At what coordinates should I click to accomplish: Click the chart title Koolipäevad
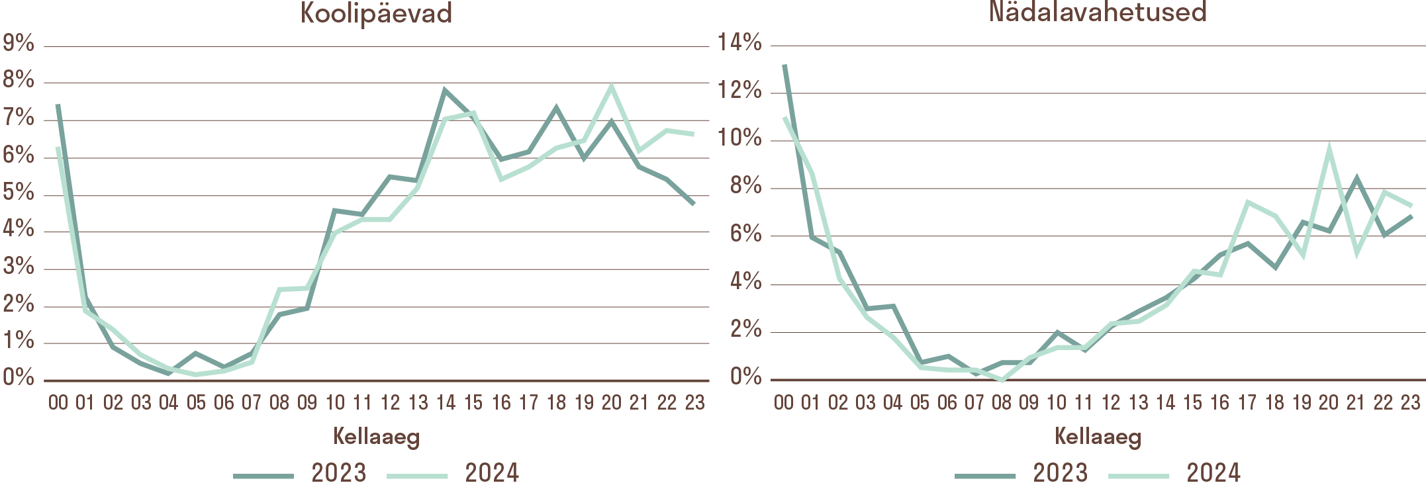pos(376,13)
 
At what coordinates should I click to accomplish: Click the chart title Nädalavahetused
pos(1098,12)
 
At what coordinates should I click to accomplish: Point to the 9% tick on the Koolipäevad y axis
pos(19,44)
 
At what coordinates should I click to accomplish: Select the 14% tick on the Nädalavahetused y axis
pos(739,43)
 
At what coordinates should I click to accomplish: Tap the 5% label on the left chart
pos(19,193)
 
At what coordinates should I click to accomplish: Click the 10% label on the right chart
pos(739,138)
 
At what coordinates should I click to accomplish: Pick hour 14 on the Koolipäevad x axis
pos(446,402)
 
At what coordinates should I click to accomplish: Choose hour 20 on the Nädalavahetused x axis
pos(1329,402)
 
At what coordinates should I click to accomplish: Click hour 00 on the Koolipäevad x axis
pos(58,402)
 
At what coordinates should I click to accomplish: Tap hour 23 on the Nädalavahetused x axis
pos(1411,402)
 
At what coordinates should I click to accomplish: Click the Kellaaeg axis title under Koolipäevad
pos(376,437)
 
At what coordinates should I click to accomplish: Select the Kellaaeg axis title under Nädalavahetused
pos(1098,437)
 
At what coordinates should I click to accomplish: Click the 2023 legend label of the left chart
pos(338,473)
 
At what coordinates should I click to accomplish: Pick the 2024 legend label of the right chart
pos(1213,473)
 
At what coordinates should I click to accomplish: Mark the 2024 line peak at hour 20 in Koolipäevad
pos(611,86)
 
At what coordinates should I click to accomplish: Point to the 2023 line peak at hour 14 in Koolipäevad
pos(445,91)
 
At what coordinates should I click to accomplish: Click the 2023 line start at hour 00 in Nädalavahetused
pos(784,66)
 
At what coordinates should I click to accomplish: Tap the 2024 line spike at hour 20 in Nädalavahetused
pos(1329,148)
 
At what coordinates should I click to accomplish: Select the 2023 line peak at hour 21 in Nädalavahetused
pos(1356,178)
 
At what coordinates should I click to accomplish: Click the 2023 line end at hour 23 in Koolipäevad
pos(694,204)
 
